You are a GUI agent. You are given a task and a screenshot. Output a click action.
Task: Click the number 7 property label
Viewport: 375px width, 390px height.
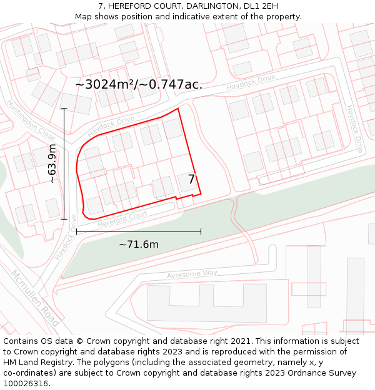[192, 180]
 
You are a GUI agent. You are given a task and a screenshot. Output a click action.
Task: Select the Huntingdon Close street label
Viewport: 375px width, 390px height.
[30, 121]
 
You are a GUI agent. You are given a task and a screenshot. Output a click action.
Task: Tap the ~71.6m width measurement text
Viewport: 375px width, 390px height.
[139, 244]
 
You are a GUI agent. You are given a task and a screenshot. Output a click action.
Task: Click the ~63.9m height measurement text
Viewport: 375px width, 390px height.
[52, 163]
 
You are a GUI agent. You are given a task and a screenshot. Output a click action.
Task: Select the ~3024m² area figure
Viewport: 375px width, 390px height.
[106, 84]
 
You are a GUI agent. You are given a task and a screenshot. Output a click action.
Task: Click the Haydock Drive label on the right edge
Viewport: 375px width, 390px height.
[354, 129]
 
